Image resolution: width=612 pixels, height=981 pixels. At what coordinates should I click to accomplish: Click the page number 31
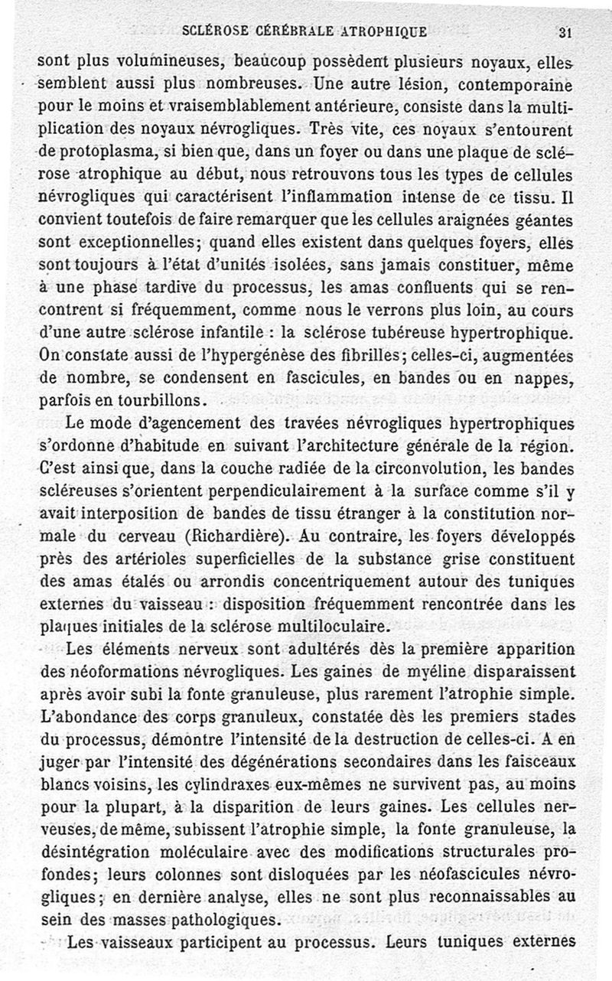(x=566, y=32)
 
